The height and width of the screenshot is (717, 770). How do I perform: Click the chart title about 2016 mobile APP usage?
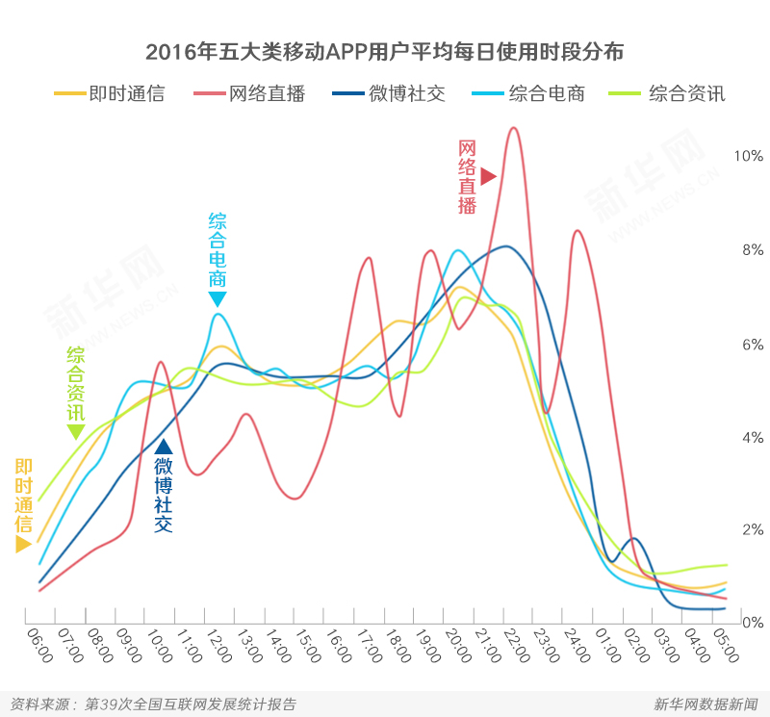(x=384, y=51)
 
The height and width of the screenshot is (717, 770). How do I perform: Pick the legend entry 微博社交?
(x=389, y=94)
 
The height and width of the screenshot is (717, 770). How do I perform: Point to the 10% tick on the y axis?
(x=748, y=156)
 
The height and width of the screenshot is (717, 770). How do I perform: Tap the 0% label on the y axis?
(x=751, y=623)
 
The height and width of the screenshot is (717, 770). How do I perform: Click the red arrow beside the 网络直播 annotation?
(x=488, y=176)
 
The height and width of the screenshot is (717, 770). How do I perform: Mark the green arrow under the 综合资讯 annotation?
(x=76, y=432)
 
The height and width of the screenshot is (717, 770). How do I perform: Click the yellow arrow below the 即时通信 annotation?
(x=24, y=544)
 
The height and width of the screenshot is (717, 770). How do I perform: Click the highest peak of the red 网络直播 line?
(x=512, y=128)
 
